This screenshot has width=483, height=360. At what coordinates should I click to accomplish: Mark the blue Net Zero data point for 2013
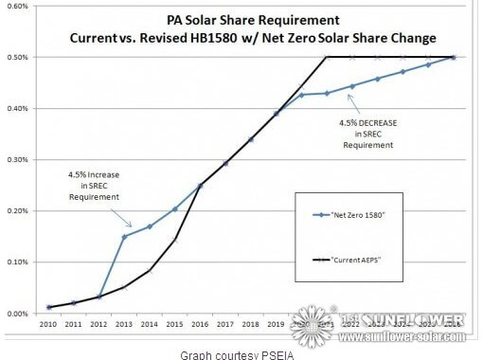click(124, 236)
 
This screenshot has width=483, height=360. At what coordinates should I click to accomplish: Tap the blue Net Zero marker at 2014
click(150, 226)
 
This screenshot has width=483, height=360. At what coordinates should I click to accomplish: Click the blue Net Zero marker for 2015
click(175, 208)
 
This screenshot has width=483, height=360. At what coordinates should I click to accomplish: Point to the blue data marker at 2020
click(301, 95)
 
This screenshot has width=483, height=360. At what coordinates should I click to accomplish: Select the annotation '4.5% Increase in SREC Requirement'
click(93, 184)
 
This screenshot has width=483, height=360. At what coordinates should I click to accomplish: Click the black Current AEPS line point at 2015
click(175, 240)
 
